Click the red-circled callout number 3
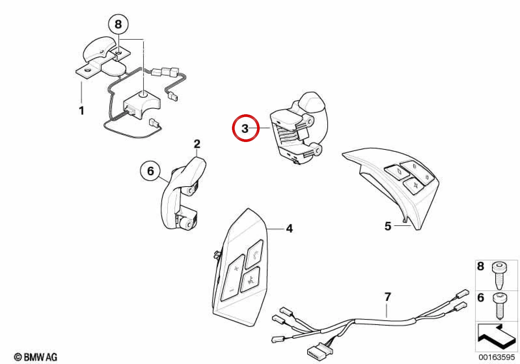point(246,128)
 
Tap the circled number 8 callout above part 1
point(118,24)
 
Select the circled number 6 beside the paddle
point(150,172)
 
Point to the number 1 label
point(81,111)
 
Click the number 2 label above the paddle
point(197,144)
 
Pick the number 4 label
point(289,229)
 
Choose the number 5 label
point(388,226)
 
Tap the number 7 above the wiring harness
point(388,297)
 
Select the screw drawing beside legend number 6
point(499,306)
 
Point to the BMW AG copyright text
point(36,357)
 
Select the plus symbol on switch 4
point(236,269)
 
